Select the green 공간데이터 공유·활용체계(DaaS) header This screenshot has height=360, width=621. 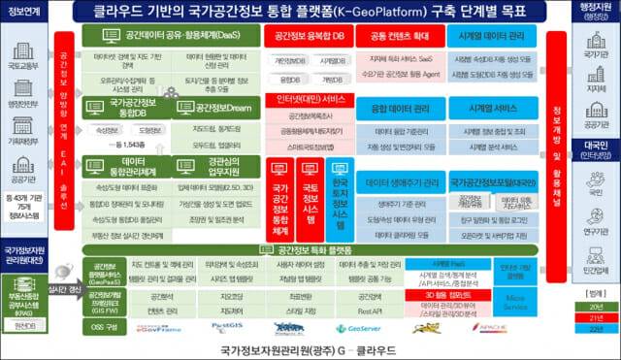(x=160, y=32)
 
